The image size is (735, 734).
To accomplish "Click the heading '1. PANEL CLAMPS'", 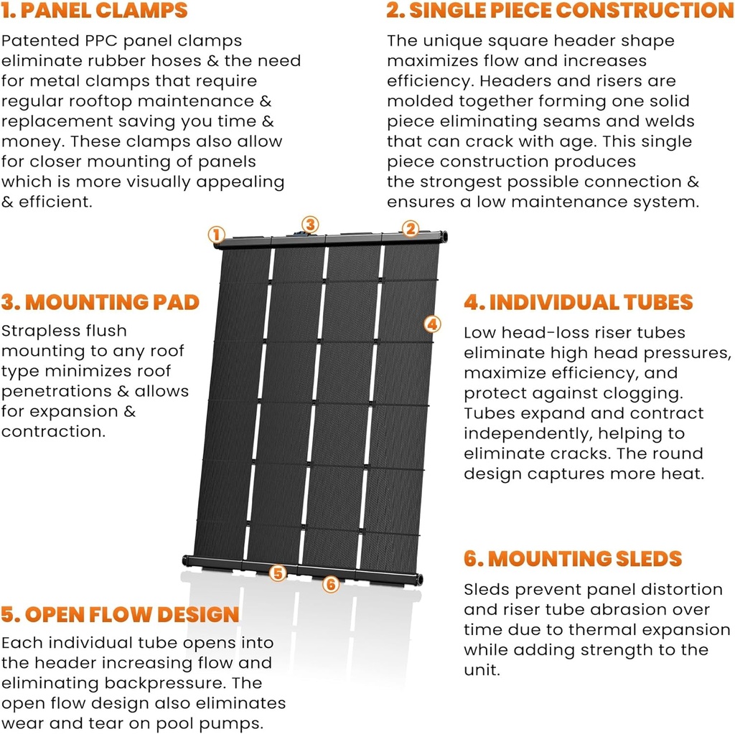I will (94, 11).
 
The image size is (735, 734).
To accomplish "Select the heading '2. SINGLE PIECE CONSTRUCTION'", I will (560, 11).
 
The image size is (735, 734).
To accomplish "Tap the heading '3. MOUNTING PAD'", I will (100, 302).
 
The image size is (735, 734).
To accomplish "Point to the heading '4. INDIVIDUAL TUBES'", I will (578, 302).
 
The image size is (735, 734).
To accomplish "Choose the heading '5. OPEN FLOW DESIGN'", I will (120, 614).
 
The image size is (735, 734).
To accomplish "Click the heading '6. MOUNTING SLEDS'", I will (572, 558).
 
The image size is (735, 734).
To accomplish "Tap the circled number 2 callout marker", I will (410, 229).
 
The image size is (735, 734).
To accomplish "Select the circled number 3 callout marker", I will (309, 225).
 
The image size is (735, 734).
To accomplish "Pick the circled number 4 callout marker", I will (431, 324).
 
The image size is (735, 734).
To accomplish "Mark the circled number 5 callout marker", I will (278, 573).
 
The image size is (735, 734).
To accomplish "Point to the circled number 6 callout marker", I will (330, 584).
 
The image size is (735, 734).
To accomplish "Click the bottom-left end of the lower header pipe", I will (187, 560).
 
